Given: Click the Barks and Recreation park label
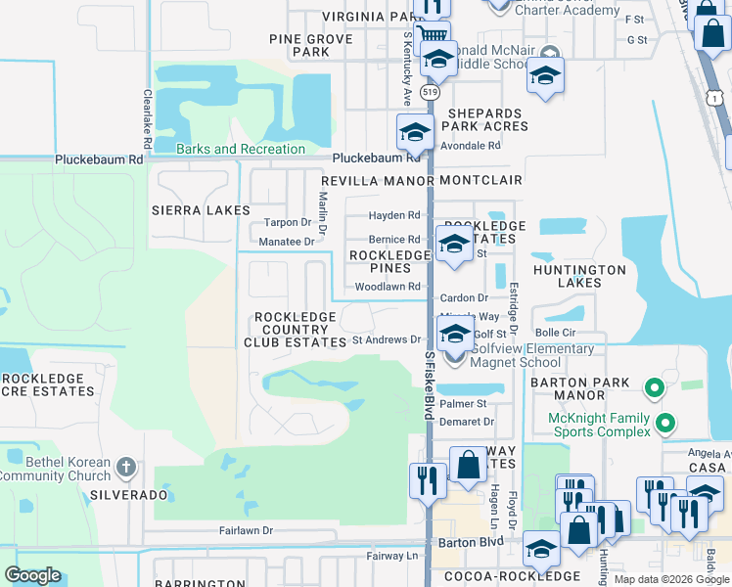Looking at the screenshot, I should click(x=241, y=149).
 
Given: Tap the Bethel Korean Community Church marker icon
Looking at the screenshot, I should click(x=126, y=468).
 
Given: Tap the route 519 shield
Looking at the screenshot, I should click(x=431, y=92).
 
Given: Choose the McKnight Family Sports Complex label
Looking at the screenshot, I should click(x=599, y=424).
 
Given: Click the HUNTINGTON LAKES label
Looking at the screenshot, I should click(x=579, y=276).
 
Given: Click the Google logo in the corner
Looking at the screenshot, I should click(x=33, y=574).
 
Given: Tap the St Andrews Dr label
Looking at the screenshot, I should click(x=386, y=340).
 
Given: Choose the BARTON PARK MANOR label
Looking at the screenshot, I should click(x=581, y=389).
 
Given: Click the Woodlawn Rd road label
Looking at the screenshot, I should click(x=387, y=287).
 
